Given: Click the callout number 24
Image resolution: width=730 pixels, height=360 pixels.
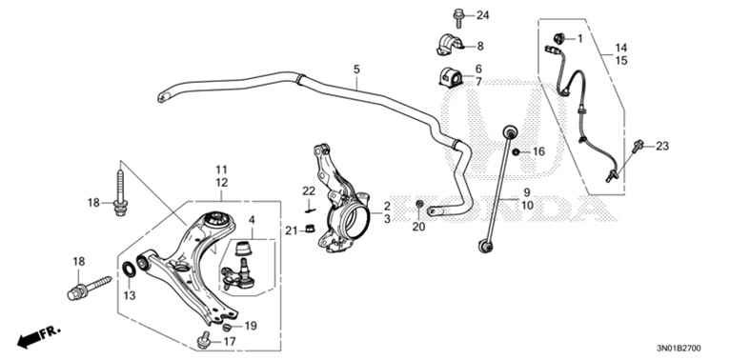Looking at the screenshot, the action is point(483,15).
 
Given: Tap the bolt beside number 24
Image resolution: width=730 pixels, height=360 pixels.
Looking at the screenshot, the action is point(458,18).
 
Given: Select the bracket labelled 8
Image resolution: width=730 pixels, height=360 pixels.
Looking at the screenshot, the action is point(450,45).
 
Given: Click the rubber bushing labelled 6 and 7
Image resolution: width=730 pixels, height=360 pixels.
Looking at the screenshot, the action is point(450,77).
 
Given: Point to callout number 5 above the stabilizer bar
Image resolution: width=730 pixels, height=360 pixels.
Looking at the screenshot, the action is point(356,70).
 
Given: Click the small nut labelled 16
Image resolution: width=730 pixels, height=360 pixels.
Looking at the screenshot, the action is point(516,152).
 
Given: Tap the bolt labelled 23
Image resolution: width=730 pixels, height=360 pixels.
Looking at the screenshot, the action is point(637,147).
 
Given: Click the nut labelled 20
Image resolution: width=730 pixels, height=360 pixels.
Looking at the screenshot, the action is point(419,204).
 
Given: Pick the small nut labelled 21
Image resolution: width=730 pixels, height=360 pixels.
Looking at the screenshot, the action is point(309,228).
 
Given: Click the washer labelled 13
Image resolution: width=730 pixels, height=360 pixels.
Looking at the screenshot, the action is point(129,270).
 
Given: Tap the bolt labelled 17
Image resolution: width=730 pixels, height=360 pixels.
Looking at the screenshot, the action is point(203,340).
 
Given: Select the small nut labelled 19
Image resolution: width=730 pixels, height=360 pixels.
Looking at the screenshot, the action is point(228,327).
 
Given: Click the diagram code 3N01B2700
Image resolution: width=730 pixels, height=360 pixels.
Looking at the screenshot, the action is point(679,348).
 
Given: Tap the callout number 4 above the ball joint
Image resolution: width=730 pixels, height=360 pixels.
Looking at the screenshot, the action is point(251,219).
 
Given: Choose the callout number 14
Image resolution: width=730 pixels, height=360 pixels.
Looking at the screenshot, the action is point(621,48).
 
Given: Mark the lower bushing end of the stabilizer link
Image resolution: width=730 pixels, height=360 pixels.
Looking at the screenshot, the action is point(486,246).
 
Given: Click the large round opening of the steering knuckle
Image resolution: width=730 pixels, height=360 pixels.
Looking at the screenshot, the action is point(358,217).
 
